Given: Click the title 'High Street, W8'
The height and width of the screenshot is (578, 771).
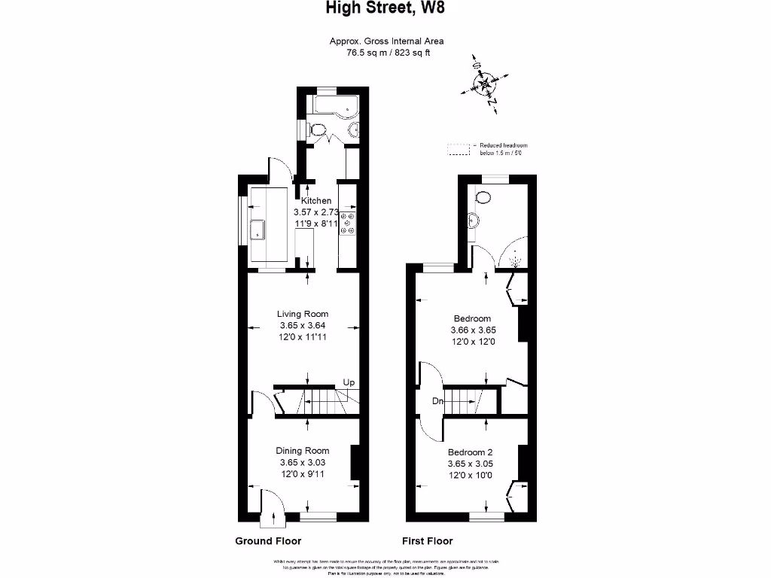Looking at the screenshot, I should tap(390, 9).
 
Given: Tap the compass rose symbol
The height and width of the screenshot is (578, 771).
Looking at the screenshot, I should tap(482, 84).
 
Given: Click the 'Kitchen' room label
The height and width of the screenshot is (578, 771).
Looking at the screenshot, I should tap(316, 201).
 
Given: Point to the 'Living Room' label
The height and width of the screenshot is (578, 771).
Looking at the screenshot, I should tap(303, 314).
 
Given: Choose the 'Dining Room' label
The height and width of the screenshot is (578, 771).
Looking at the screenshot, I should tap(302, 451).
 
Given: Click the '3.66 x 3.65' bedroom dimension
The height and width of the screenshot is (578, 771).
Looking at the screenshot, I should tap(473, 330).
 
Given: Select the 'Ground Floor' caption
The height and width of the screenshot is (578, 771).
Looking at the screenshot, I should tap(268, 541).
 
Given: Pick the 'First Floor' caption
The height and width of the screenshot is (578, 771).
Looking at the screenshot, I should tap(428, 541).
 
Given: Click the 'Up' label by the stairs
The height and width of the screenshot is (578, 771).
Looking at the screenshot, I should tap(349, 383).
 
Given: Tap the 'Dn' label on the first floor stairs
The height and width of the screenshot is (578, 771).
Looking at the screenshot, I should tap(437, 402).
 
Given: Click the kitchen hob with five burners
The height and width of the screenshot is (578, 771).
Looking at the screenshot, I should tap(349, 224).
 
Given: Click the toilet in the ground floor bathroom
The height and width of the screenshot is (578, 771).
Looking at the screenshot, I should tap(318, 132).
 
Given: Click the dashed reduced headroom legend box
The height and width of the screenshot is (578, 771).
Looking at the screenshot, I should tap(457, 149).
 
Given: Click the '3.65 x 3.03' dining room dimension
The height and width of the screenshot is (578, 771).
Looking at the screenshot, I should tap(302, 462).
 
